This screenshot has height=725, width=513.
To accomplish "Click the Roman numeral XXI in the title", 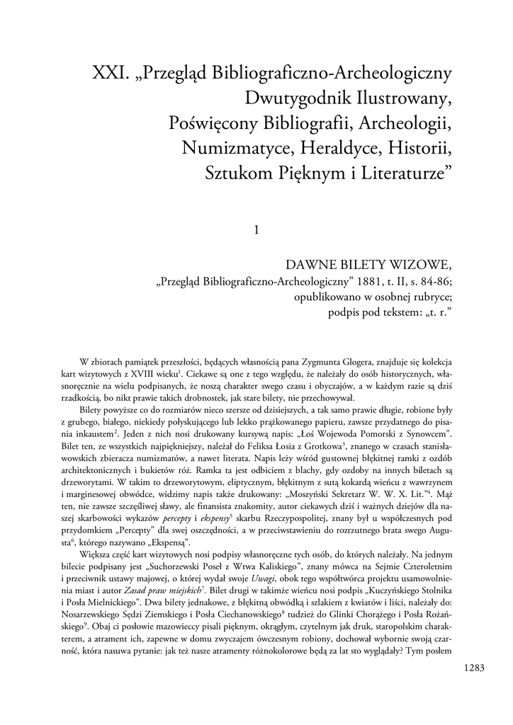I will coord(111,73).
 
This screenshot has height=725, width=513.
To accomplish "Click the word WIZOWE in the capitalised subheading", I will coord(421,266).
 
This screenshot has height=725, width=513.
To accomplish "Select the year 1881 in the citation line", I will coord(342,281).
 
